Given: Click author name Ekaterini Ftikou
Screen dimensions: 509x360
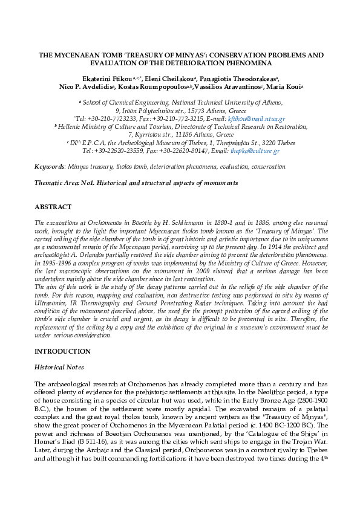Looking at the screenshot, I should [x=107, y=79].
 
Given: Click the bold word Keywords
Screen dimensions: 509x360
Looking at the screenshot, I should [x=50, y=166].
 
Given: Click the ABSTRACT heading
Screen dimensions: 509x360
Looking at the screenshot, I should [x=53, y=207].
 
